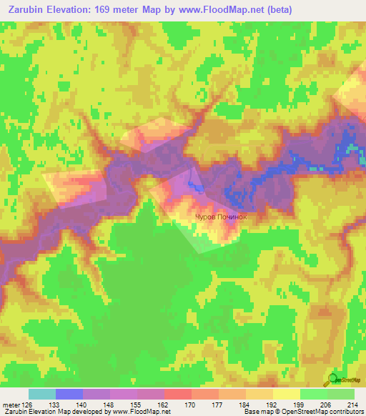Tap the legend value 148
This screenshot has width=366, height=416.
tap(110, 405)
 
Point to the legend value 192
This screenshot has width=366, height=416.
tap(272, 405)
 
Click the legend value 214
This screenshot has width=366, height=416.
tap(350, 405)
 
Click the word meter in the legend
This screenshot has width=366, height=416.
tap(9, 405)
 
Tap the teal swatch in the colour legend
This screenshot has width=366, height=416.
tap(42, 394)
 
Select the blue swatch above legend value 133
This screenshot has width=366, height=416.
tap(69, 394)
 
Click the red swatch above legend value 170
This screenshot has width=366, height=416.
tap(178, 394)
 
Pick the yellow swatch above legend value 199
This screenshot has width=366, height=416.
tap(286, 394)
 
